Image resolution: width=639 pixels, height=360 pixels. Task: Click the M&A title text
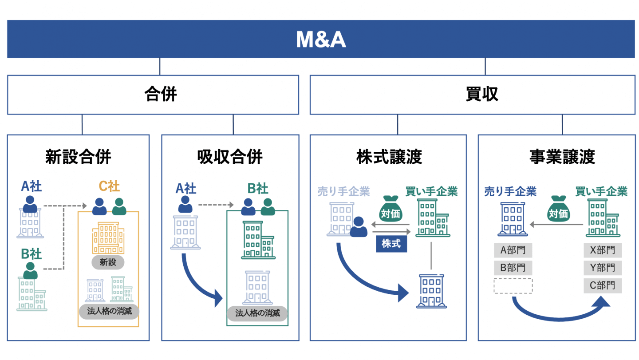[x=320, y=40]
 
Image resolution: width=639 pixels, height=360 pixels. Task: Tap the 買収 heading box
[x=472, y=95]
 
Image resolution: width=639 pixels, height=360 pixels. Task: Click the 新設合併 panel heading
[x=78, y=157]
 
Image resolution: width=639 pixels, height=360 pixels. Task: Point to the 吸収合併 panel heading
[x=230, y=157]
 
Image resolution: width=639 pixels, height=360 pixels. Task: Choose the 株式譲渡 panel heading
[x=389, y=157]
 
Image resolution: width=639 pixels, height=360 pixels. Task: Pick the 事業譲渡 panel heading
[x=562, y=157]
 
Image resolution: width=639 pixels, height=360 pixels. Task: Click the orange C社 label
[x=109, y=186]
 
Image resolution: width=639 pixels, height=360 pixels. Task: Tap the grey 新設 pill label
[x=108, y=262]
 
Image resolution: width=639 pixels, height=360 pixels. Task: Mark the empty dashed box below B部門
[x=513, y=285]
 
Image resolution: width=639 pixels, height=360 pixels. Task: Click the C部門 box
[x=602, y=285]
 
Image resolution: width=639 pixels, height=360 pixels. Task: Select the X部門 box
[x=602, y=250]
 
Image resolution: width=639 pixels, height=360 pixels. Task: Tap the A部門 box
[x=513, y=250]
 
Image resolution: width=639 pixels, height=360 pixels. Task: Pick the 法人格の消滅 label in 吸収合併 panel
[x=257, y=313]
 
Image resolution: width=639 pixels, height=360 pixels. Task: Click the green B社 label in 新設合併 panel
[x=31, y=254]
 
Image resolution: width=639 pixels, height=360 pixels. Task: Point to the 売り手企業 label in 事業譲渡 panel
[x=510, y=191]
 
